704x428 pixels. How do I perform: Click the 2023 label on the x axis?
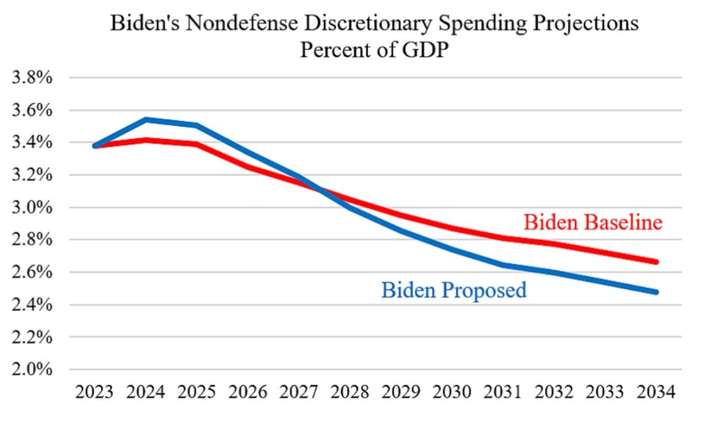tap(94, 394)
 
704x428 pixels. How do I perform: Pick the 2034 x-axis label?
tap(657, 394)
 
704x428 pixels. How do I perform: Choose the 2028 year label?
tap(350, 394)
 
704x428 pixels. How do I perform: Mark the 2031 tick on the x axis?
tap(503, 394)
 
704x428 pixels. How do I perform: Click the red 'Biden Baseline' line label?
tap(593, 223)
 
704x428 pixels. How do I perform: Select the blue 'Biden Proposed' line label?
tap(454, 290)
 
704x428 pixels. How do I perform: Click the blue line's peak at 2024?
tap(146, 120)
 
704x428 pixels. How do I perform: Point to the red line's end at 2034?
tap(657, 261)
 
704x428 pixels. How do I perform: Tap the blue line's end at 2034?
tap(657, 292)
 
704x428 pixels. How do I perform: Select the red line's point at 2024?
tap(146, 140)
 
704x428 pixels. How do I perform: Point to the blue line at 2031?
tap(503, 265)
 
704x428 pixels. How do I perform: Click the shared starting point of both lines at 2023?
tap(95, 146)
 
